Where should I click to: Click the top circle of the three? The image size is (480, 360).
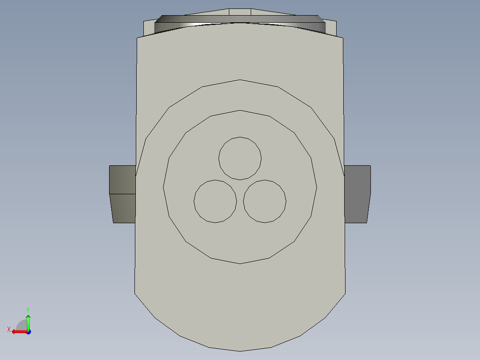point(240,158)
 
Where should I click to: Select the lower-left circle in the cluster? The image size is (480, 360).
point(215,201)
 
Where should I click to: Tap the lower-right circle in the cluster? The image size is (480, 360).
point(264,201)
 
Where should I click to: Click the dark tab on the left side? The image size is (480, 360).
point(123,194)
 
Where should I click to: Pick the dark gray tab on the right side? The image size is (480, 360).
point(357,194)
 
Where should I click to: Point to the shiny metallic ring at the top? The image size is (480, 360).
point(240,20)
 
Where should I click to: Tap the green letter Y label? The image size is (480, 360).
point(28,309)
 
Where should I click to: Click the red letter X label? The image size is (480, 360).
point(8,329)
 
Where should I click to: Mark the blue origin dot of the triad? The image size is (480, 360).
point(28,331)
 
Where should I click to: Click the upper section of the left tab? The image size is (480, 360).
point(123,180)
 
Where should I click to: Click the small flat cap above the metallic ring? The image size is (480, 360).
point(240,12)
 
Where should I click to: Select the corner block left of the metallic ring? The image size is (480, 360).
point(149,28)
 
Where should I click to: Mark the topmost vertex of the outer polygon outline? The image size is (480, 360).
point(240,80)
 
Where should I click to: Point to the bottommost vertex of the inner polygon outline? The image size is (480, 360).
point(240,263)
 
